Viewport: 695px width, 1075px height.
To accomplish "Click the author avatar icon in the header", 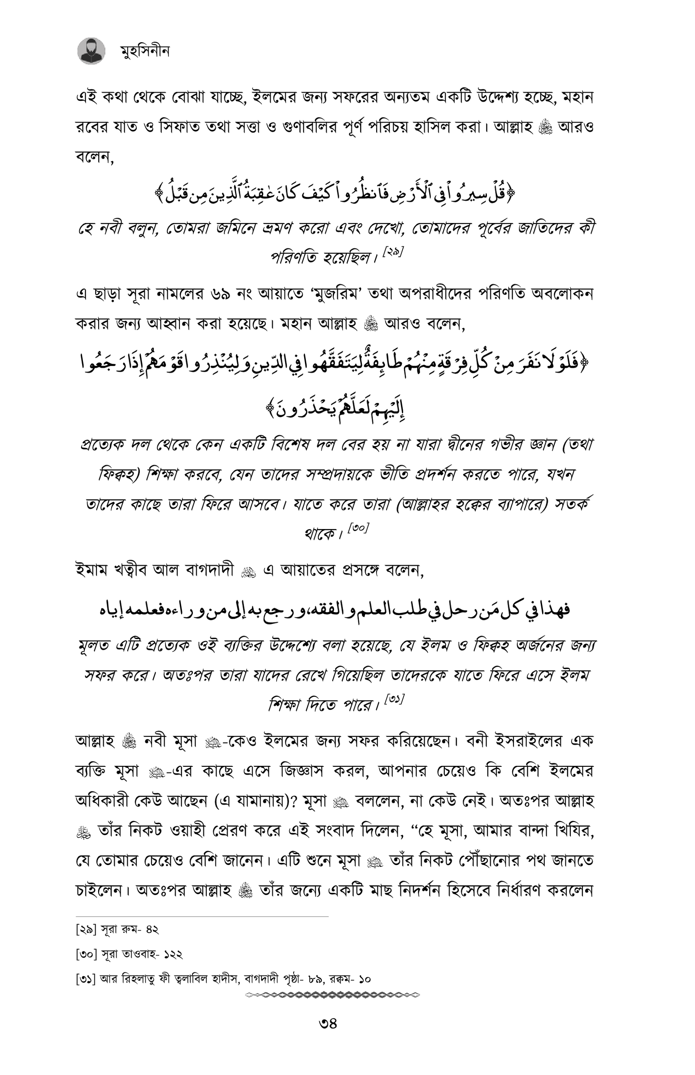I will [91, 51].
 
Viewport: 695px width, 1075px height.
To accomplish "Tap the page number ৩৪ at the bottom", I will [328, 1023].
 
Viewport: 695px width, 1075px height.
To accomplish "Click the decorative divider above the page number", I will [333, 995].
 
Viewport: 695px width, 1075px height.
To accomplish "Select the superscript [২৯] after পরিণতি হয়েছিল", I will [393, 252].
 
